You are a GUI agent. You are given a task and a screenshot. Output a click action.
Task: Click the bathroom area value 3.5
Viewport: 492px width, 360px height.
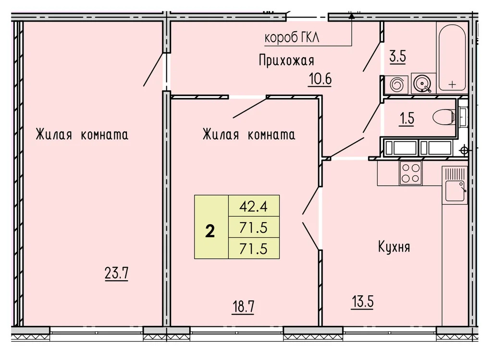[x=397, y=56]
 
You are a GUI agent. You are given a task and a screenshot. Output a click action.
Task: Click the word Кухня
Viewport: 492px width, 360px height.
[x=394, y=247]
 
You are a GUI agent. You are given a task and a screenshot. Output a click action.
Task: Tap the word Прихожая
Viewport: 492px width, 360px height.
[x=286, y=60]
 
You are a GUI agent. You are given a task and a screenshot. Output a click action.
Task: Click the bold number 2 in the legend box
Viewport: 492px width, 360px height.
[x=210, y=232]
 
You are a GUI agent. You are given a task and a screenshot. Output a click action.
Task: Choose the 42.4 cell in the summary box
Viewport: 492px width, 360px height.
[x=253, y=208]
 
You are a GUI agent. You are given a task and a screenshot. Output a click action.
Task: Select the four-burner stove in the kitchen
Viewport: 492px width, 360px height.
[x=411, y=173]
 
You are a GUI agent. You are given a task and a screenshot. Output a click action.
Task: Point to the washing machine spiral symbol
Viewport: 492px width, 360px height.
[x=397, y=85]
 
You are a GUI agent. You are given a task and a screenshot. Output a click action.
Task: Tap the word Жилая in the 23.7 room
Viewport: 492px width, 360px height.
[x=53, y=134]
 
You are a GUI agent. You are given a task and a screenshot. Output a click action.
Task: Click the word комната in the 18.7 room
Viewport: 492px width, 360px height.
[x=271, y=134]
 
